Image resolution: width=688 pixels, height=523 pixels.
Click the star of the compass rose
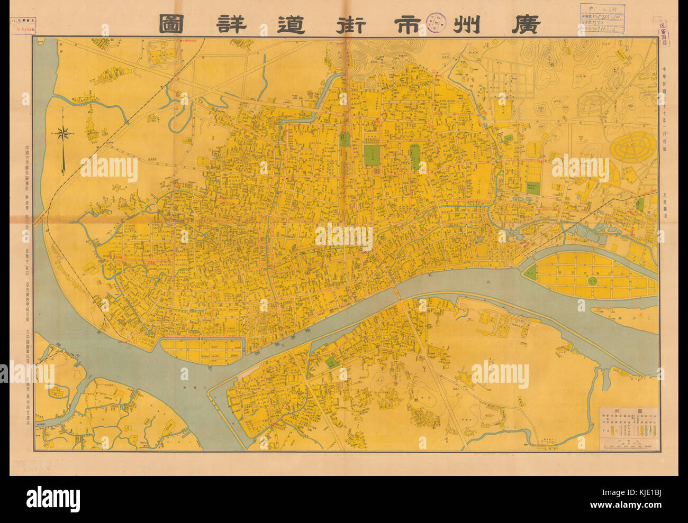coord(64,133)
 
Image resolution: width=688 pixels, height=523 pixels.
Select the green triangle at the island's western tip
coord(530,273)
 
